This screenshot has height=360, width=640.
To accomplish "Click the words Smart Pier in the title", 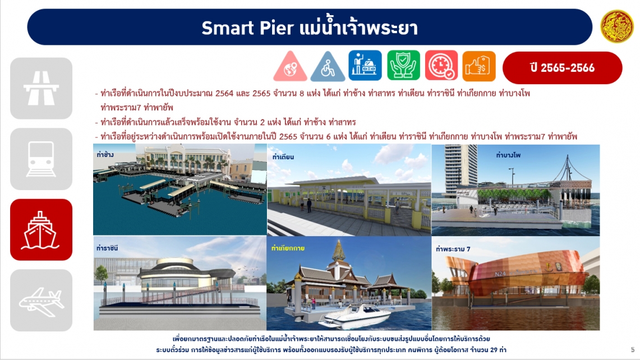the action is [247, 27].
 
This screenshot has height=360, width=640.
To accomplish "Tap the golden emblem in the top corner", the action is [617, 26].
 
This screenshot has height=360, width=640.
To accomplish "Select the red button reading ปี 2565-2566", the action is [562, 68].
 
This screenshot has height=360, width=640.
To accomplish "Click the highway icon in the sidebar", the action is [41, 88].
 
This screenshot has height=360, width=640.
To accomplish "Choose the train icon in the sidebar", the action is [41, 159].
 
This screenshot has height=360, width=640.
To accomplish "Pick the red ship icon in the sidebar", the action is [41, 230].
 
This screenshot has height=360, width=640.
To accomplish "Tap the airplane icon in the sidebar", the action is [41, 301].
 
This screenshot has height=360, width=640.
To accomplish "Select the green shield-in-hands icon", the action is [403, 65].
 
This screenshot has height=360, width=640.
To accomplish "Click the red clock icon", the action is [441, 65].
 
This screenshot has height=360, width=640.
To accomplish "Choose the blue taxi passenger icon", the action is [365, 65].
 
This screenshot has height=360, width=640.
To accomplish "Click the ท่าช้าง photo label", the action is [105, 155].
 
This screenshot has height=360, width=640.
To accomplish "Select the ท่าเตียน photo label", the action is [283, 157].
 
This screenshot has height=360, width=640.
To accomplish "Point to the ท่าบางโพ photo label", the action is [508, 155].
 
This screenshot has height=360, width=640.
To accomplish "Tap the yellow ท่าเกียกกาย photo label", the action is [288, 248].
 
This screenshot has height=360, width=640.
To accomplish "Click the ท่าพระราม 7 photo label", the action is [453, 249].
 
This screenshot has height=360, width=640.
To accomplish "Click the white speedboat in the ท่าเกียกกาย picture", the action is [355, 315].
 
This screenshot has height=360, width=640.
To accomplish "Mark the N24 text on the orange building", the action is [500, 274].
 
